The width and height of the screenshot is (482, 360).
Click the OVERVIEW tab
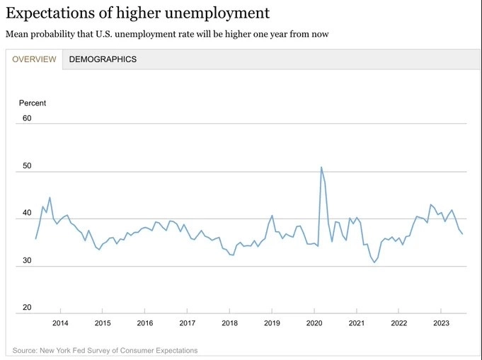(34, 59)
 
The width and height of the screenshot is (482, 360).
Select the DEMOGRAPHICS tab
(103, 59)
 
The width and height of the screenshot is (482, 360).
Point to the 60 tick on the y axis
(28, 118)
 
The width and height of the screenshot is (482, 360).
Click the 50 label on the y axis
(28, 166)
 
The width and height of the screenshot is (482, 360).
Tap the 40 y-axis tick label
(28, 213)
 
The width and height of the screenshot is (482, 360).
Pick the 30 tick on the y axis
(28, 260)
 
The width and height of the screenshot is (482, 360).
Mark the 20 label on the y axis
(28, 308)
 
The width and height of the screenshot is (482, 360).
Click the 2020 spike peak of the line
(321, 168)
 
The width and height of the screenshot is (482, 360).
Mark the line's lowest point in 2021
(374, 262)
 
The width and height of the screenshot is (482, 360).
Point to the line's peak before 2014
(50, 197)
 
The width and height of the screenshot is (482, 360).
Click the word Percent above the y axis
(33, 103)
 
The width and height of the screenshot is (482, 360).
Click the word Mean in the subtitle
(17, 34)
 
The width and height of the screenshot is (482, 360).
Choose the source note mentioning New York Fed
(105, 350)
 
